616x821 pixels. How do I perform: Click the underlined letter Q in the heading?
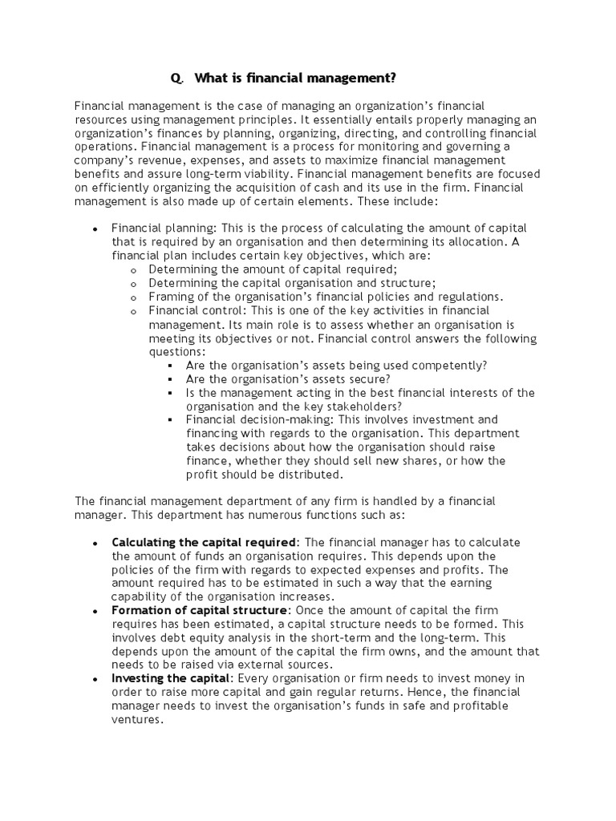tap(176, 79)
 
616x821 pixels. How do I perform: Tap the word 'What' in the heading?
tap(211, 78)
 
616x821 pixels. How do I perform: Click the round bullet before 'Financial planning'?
tap(95, 229)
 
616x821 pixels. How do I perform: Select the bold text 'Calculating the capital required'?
tap(204, 542)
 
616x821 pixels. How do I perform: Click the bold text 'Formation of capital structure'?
tap(198, 610)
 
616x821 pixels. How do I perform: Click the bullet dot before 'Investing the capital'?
tap(95, 679)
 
